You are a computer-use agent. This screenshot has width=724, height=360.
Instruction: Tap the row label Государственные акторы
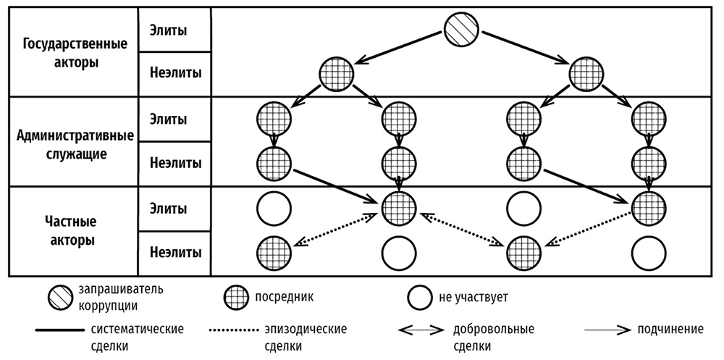click(x=70, y=52)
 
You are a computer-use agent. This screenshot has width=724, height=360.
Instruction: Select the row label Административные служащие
click(x=70, y=143)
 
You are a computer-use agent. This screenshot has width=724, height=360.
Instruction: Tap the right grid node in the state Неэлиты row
click(x=587, y=75)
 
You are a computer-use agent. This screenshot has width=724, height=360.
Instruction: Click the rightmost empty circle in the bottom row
click(x=649, y=253)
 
